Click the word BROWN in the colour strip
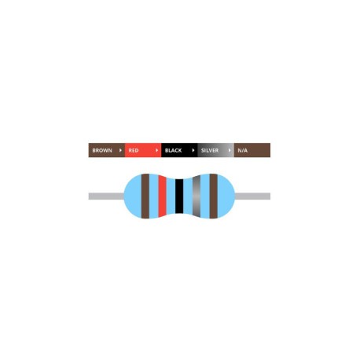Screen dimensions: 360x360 pyautogui.click(x=102, y=150)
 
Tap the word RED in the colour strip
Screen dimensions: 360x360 pyautogui.click(x=134, y=150)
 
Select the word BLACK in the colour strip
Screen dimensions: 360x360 pyautogui.click(x=173, y=150)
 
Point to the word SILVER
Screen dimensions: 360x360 pyautogui.click(x=210, y=150)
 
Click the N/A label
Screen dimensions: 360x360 pyautogui.click(x=242, y=150)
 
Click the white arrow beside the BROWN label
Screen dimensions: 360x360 pyautogui.click(x=120, y=150)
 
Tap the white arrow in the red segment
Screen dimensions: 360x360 pyautogui.click(x=156, y=150)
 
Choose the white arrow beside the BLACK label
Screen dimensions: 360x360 pyautogui.click(x=193, y=150)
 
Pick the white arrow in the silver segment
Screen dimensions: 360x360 pyautogui.click(x=230, y=150)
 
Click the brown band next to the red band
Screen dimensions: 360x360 pyautogui.click(x=145, y=196)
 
